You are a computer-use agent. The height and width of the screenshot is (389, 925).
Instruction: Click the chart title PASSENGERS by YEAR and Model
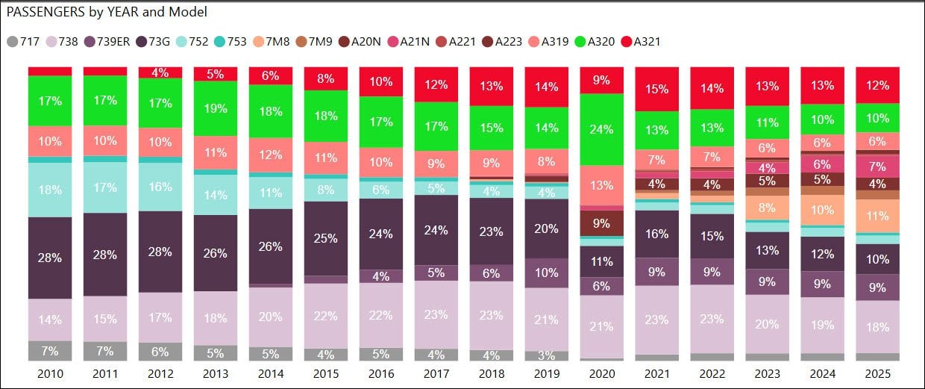click(107, 12)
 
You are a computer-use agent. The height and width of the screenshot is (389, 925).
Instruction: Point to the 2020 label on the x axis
click(602, 373)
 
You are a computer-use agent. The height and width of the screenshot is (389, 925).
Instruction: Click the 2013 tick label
click(216, 373)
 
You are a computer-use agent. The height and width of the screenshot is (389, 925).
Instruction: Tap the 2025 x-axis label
click(878, 373)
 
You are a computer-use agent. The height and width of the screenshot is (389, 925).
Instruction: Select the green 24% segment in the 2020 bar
click(602, 129)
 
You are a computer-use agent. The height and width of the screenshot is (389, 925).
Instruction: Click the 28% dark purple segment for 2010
click(50, 258)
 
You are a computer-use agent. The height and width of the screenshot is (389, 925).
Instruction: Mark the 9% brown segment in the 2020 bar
click(602, 223)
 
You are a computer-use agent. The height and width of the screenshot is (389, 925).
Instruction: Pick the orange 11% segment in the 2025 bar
click(878, 216)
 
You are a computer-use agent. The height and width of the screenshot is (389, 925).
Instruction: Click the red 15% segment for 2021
click(657, 88)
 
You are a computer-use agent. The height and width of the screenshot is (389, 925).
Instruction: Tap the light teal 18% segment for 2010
click(50, 190)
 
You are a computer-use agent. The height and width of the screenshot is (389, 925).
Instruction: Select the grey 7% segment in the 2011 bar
click(105, 351)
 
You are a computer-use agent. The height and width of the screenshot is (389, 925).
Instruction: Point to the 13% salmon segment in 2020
click(602, 185)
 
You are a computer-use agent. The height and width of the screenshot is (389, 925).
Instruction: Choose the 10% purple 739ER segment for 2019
click(547, 273)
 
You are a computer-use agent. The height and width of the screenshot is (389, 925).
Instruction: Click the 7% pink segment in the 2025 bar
click(878, 167)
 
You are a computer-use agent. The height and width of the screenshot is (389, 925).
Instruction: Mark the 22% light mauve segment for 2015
click(326, 315)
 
